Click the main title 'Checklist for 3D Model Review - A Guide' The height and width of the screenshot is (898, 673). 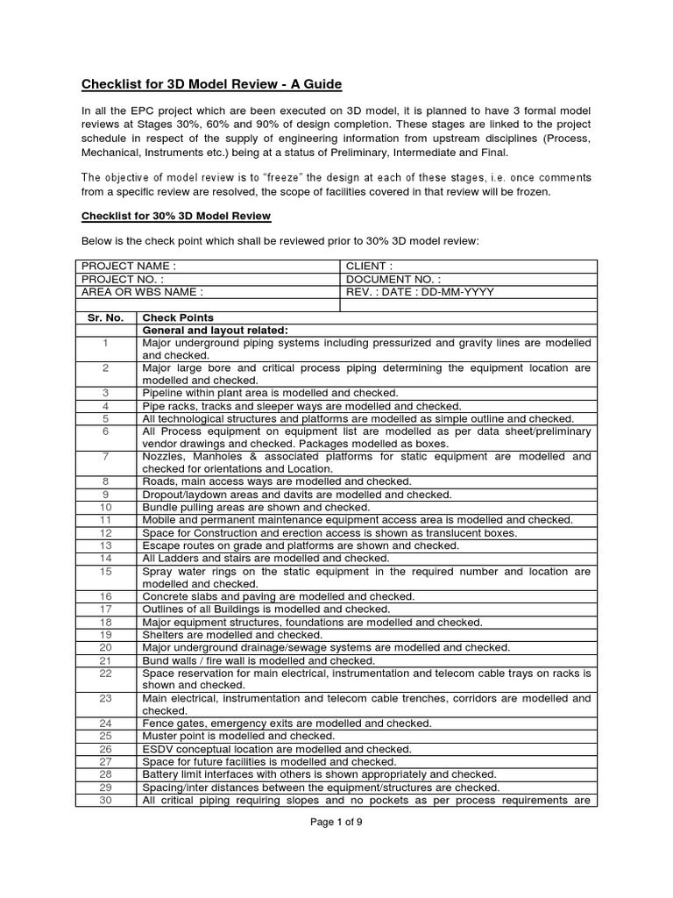211,84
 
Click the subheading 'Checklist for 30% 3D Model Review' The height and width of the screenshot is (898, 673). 175,216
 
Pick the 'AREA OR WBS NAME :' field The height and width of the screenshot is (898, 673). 142,291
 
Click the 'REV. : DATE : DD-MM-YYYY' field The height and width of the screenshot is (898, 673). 420,291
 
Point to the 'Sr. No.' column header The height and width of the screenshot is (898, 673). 106,317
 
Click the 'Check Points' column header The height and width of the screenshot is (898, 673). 178,317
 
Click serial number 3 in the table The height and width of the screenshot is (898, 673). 105,394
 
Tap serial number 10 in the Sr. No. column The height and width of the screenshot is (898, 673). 105,507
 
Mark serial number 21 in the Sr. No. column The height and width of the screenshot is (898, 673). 105,660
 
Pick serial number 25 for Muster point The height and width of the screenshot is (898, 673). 105,737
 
